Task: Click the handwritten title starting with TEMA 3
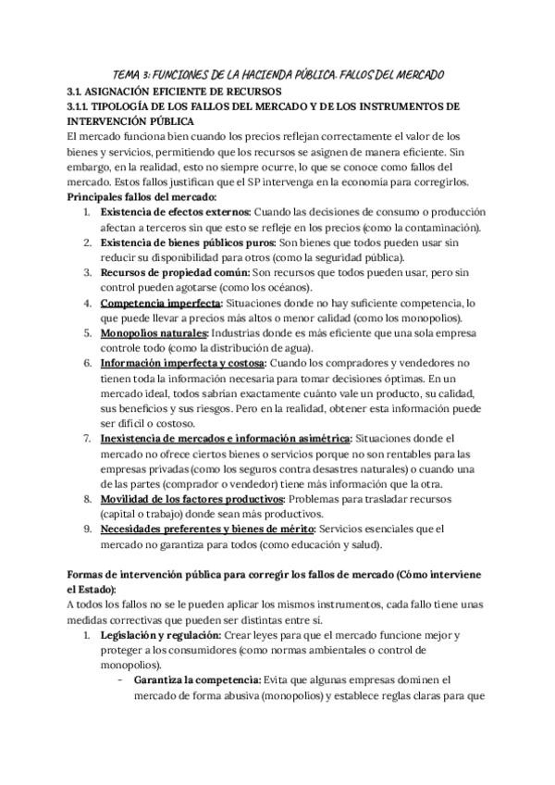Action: pos(278,73)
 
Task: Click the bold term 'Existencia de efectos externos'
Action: pos(175,212)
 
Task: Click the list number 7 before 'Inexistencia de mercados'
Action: pos(87,439)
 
